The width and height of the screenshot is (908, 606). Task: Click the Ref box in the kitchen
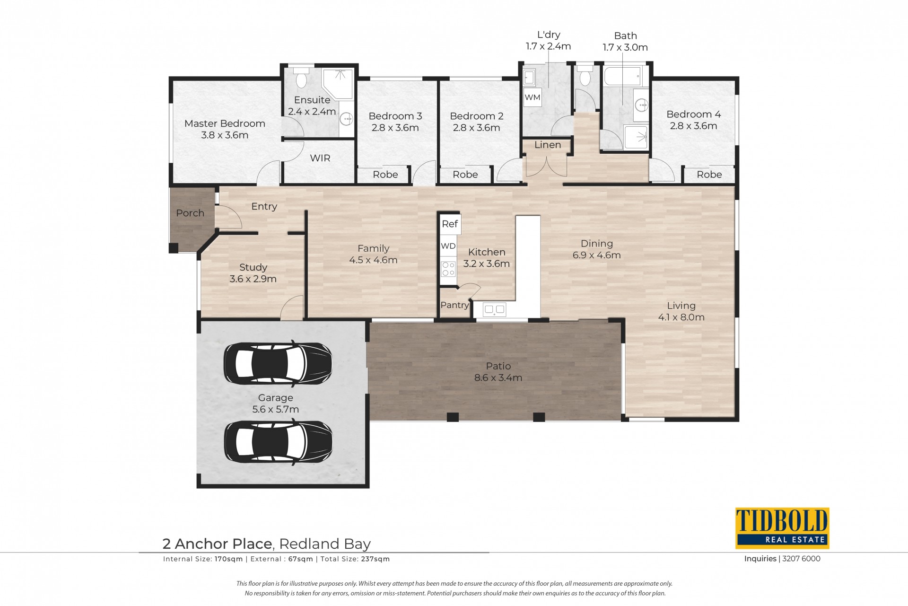450,224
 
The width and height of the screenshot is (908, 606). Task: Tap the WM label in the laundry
533,97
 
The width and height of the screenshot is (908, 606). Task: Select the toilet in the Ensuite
301,77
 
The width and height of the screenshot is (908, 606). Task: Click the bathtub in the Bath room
622,76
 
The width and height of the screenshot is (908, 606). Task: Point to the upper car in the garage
278,363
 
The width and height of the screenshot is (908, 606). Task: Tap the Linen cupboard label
548,145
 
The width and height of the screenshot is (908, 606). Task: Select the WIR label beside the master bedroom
320,158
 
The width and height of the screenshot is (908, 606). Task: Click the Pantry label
454,305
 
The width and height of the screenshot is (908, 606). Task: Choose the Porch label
190,213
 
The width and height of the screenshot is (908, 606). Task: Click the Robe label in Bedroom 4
709,175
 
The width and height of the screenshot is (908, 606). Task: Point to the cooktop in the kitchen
448,269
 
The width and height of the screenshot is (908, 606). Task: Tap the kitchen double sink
495,310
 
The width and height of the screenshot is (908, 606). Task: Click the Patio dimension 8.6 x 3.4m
498,378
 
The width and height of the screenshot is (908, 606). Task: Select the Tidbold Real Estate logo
782,528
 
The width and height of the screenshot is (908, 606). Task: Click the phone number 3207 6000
801,559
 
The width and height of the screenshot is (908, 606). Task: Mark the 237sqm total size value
375,559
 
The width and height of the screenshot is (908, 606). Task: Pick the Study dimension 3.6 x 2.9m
253,279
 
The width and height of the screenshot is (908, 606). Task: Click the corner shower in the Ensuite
338,84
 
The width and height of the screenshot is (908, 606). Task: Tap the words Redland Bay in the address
325,544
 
